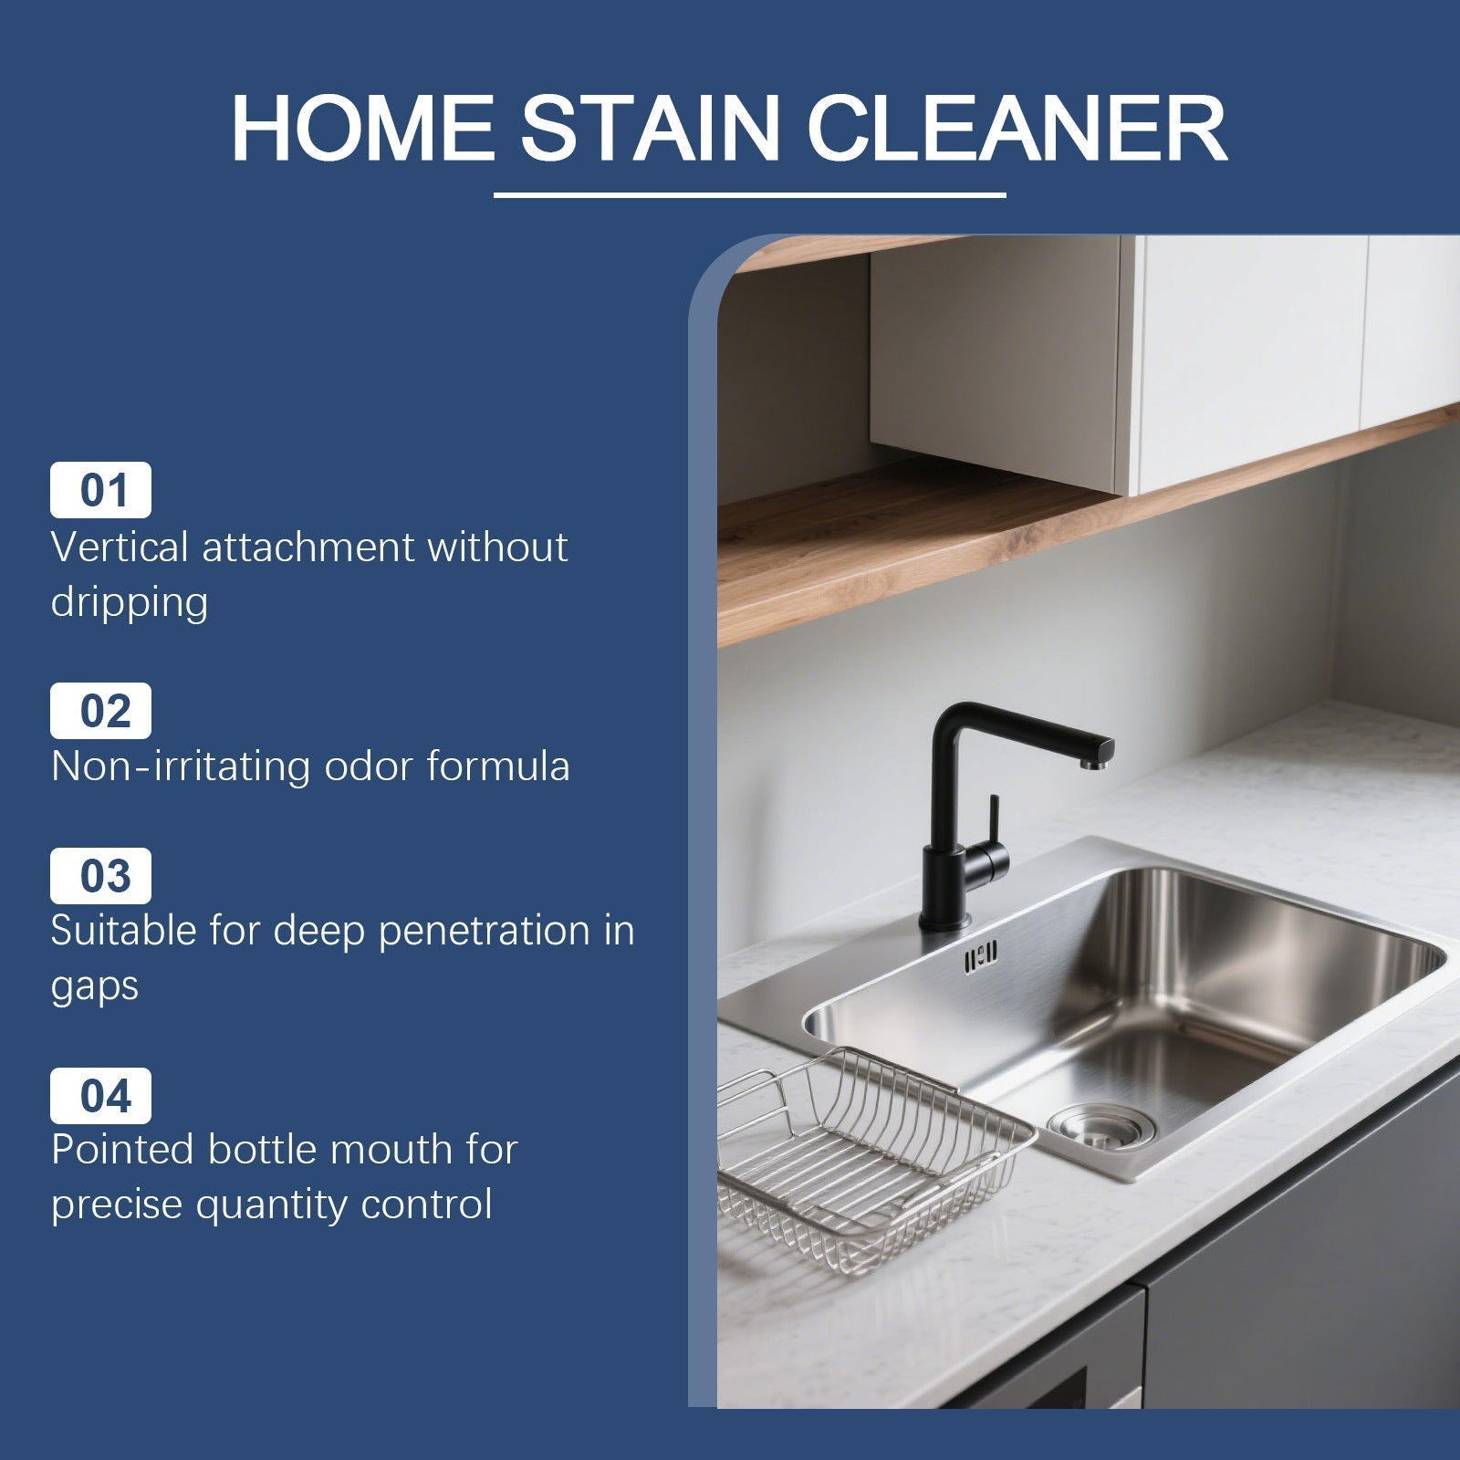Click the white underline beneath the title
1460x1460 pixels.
click(749, 194)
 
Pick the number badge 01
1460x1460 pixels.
click(100, 490)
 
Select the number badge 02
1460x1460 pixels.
click(100, 710)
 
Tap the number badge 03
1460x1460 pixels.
click(100, 875)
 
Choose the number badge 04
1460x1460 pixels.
click(100, 1095)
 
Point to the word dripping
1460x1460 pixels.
click(130, 603)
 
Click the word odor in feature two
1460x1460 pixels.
click(369, 766)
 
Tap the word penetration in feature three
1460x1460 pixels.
click(484, 932)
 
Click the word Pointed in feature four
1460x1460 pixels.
click(123, 1150)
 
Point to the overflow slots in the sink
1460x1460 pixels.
click(979, 955)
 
